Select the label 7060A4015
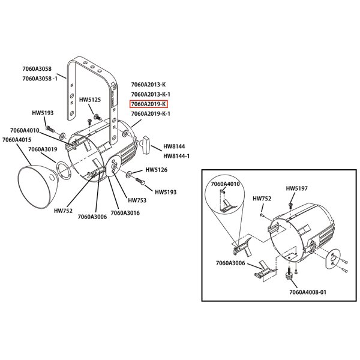[x=17, y=140]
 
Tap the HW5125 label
[x=90, y=100]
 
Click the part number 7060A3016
[x=125, y=212]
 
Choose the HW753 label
[x=137, y=200]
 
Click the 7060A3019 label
[x=43, y=149]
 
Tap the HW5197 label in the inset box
[x=296, y=188]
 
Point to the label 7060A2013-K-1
[x=151, y=94]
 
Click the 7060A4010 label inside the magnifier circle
[x=225, y=184]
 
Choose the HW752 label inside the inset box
[x=262, y=198]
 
